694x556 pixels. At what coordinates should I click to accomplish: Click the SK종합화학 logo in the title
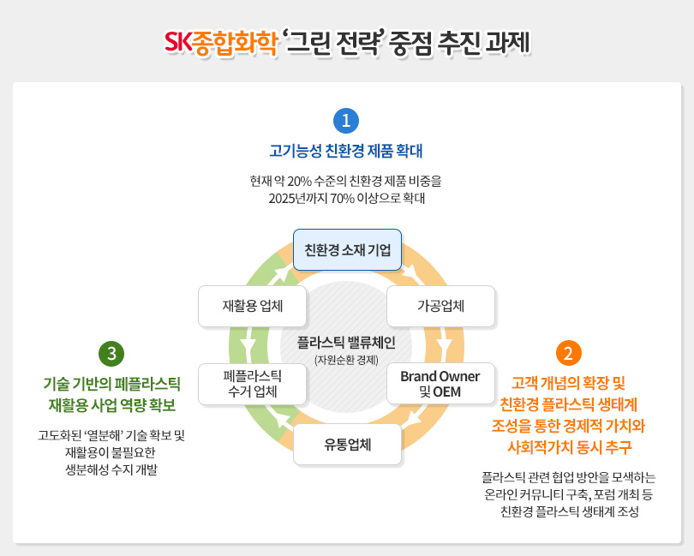(221, 41)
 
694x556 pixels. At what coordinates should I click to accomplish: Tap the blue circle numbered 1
(345, 120)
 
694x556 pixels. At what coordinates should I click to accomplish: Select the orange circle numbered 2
(569, 353)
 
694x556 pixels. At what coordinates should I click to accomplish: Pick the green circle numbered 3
(112, 353)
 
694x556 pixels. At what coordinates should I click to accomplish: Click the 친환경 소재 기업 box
(347, 250)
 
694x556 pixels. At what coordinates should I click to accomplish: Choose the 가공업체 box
(440, 306)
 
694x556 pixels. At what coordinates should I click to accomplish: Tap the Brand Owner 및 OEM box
(440, 384)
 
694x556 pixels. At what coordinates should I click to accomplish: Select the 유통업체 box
(347, 444)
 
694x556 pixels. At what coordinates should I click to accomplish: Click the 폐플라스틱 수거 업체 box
(252, 384)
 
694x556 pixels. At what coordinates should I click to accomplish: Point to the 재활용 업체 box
(252, 306)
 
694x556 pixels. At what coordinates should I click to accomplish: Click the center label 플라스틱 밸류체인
(346, 343)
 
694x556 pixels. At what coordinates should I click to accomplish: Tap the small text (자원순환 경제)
(346, 360)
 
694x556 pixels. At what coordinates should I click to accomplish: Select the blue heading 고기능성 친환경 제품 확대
(346, 152)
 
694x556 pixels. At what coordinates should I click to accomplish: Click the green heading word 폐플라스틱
(150, 382)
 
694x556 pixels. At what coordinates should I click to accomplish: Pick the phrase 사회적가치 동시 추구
(568, 446)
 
